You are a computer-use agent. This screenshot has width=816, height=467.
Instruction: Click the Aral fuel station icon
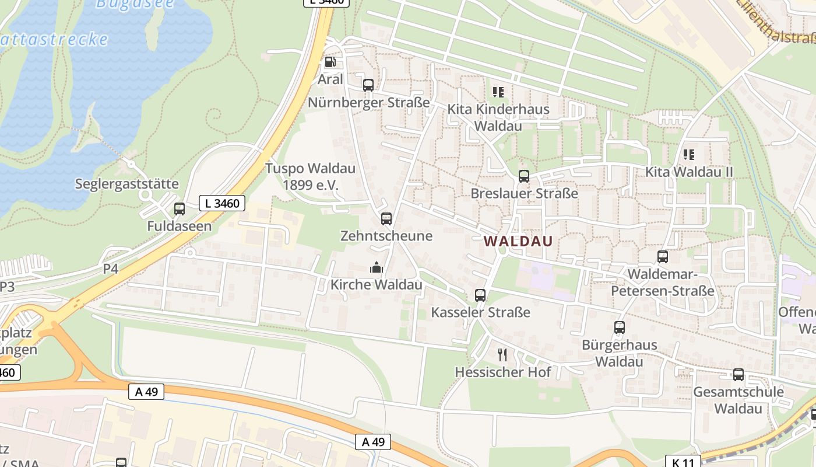tap(330, 62)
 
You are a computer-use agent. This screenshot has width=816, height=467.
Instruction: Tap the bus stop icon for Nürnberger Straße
tap(368, 85)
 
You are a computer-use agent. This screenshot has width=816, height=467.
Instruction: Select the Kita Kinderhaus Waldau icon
tap(498, 92)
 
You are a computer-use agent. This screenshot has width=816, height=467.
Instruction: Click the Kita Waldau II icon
tap(688, 155)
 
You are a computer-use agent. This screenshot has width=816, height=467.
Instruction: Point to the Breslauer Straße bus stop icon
tap(523, 176)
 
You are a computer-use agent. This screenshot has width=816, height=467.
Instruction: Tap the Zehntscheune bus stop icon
tap(386, 219)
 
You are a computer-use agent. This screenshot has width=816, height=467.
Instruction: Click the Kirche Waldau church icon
tap(376, 267)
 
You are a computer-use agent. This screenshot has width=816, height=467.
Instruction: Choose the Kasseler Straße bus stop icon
tap(480, 295)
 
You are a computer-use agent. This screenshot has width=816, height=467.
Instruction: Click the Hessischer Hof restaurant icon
tap(502, 354)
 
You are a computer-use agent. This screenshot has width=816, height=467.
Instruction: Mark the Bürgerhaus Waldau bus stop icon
tap(619, 327)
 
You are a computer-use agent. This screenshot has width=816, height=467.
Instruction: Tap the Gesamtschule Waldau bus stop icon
tap(738, 375)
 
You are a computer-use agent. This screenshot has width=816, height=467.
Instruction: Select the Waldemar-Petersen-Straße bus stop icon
tap(662, 257)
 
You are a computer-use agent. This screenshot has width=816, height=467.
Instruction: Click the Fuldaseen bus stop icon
tap(179, 209)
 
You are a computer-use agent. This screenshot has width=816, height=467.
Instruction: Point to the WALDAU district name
tap(518, 241)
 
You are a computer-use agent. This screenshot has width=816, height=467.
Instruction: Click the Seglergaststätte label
tap(126, 184)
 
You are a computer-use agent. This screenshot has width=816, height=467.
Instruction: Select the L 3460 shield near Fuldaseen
tap(222, 203)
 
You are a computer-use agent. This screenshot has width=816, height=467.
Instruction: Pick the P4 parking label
tap(111, 269)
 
